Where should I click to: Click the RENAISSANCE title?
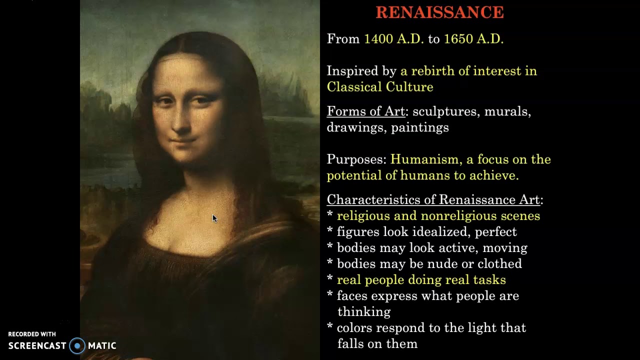439,12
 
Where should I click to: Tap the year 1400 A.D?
393,39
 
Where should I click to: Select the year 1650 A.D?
473,39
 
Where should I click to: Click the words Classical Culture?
380,87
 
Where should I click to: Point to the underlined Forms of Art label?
365,111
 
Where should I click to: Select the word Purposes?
356,159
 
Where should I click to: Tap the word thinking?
364,312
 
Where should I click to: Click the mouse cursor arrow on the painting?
214,218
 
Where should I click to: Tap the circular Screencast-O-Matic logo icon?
77,345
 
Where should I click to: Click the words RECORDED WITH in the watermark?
32,334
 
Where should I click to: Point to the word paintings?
420,127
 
